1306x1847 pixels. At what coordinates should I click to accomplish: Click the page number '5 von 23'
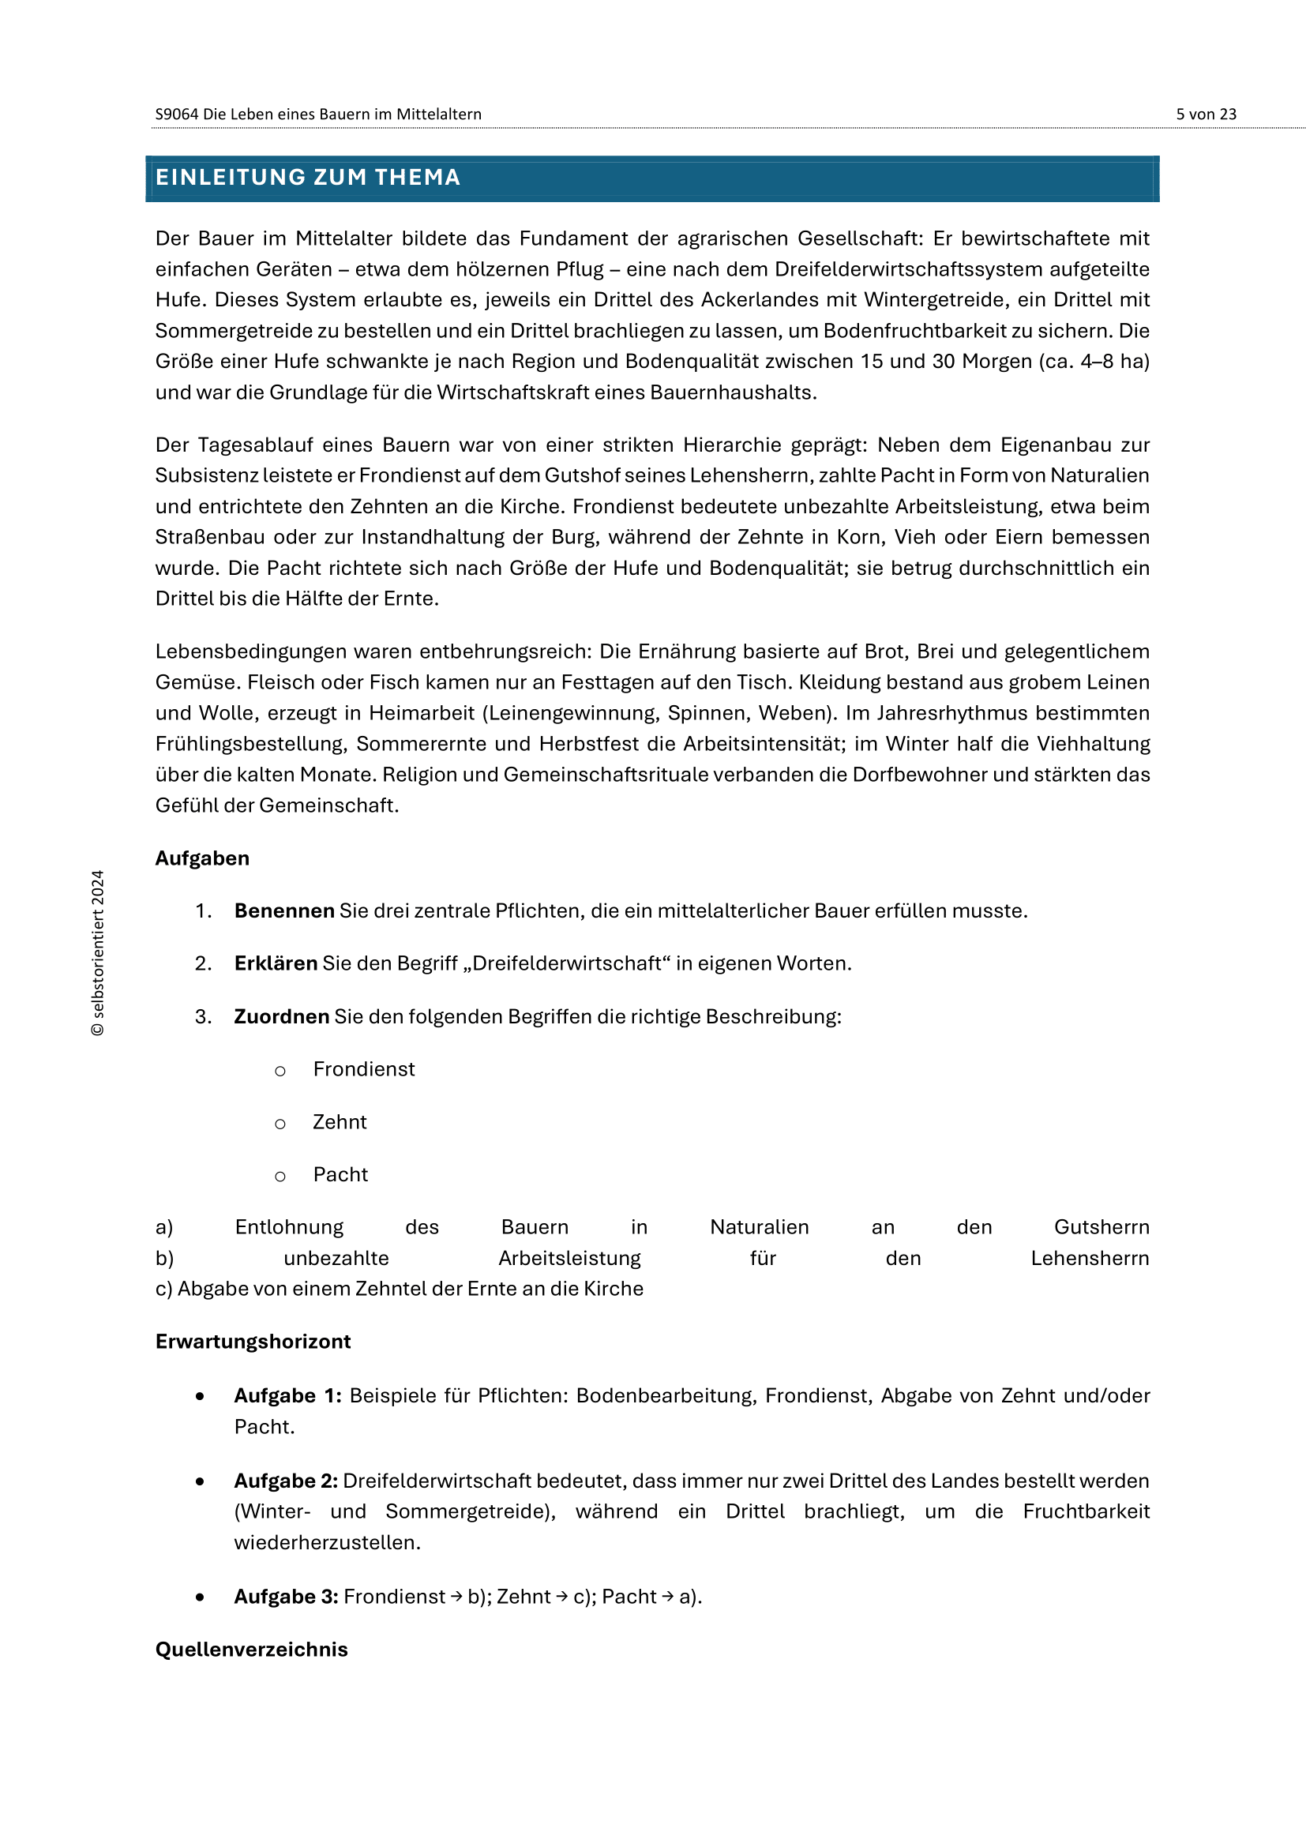1206,114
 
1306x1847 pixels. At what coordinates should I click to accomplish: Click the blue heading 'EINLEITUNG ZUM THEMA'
307,177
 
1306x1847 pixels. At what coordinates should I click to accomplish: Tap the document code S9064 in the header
176,114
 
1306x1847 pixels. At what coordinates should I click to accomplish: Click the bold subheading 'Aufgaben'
202,858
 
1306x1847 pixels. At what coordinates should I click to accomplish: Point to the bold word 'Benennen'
284,910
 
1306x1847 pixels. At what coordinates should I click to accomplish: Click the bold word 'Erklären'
276,963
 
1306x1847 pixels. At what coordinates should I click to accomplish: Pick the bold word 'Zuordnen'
281,1016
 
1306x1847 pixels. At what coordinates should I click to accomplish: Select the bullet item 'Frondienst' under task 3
363,1069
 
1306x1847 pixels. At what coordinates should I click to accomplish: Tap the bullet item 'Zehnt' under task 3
340,1121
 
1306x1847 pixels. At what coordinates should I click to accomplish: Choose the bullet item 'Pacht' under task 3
340,1174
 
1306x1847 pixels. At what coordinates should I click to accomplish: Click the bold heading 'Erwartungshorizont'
253,1341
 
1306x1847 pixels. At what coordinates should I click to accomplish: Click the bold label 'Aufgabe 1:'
287,1395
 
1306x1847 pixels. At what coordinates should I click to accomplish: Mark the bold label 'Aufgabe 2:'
286,1480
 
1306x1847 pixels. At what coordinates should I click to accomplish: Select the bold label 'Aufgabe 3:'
286,1596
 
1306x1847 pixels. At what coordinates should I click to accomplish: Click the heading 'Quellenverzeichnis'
251,1649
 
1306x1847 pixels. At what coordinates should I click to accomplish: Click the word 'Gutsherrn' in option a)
1101,1227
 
